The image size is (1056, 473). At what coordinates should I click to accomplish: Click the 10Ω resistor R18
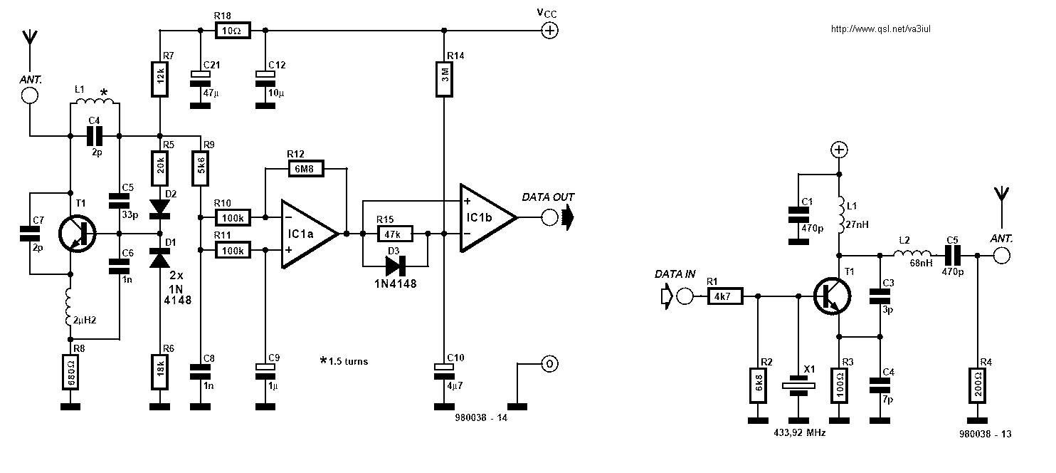233,31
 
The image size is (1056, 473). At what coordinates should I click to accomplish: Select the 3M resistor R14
443,78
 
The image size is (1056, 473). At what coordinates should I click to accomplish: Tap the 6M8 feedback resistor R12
306,169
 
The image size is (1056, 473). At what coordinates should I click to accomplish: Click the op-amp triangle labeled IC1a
310,234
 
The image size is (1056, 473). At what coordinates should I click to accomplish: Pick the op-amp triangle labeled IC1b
488,217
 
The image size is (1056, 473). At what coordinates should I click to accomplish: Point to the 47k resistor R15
395,234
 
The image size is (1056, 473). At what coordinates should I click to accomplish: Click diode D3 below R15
396,266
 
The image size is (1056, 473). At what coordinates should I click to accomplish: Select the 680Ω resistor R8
70,373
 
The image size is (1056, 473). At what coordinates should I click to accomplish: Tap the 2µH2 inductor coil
69,307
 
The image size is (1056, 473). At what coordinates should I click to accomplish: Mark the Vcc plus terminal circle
549,31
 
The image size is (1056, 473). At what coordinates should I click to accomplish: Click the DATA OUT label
548,197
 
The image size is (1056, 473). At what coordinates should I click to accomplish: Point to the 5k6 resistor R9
201,168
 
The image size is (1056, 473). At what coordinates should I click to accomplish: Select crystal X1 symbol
798,385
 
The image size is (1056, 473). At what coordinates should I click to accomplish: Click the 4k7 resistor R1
725,296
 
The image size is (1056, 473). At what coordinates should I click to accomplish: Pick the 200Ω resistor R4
977,385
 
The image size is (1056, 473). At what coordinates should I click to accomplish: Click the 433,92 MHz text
800,432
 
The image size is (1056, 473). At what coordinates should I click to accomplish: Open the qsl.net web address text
881,28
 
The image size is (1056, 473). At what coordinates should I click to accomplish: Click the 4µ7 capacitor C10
443,372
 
